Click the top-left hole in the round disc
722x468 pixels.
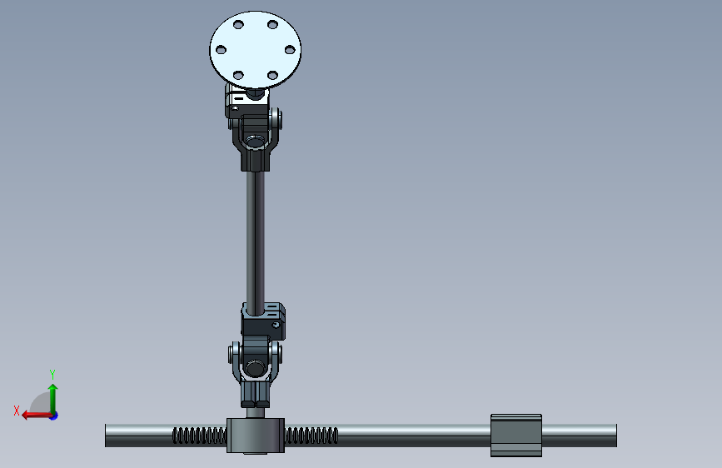coord(238,24)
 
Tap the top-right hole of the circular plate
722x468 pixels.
coord(272,24)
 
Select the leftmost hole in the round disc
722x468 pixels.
coord(221,49)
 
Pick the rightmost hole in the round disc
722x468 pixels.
coord(290,49)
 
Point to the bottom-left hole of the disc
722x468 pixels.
coord(238,75)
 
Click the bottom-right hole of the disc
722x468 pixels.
coord(272,75)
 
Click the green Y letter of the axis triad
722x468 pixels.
coord(52,374)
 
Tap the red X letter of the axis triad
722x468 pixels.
coord(17,411)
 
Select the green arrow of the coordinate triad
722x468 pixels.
coord(53,399)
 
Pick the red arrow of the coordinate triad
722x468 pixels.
coord(37,416)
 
